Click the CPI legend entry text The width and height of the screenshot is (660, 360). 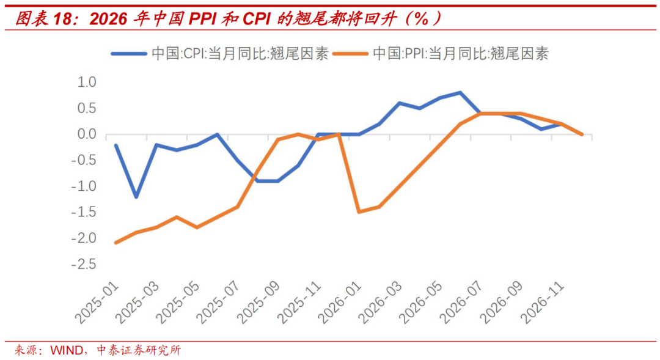pos(240,54)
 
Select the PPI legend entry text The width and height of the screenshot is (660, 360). pos(460,54)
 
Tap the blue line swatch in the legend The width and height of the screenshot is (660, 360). pos(129,54)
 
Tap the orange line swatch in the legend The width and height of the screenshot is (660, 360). pos(350,54)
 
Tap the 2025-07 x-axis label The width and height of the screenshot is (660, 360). pos(218,303)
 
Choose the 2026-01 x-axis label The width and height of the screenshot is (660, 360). pos(340,303)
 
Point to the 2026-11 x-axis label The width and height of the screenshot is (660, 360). pos(541,303)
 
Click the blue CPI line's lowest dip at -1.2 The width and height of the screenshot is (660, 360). pos(136,197)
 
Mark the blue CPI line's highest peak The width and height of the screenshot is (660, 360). pos(460,92)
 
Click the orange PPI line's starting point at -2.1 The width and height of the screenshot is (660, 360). pos(116,243)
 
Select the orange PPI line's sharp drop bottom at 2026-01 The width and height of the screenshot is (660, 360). pos(359,211)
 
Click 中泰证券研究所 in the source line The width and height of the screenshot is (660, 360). pos(139,351)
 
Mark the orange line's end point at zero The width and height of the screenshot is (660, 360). pos(581,134)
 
